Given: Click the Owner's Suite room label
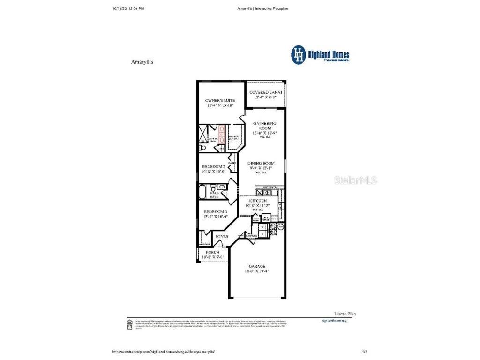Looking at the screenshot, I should click(x=220, y=100).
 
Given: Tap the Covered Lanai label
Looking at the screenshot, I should click(x=266, y=92).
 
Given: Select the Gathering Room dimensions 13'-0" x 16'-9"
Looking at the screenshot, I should click(x=265, y=133).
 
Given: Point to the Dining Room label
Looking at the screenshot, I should click(x=262, y=163).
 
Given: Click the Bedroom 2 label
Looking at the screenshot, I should click(x=213, y=166).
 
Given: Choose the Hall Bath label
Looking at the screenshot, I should click(x=214, y=195).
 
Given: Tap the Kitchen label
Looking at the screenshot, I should click(x=255, y=201).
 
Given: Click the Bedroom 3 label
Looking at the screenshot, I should click(x=215, y=211).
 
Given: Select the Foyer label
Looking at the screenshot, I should click(x=222, y=237).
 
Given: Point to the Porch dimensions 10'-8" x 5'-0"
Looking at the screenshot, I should click(x=213, y=257).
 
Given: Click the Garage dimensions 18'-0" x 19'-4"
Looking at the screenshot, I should click(x=256, y=271).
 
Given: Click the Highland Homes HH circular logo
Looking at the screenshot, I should click(x=298, y=54).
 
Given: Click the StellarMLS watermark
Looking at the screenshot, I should click(x=355, y=180).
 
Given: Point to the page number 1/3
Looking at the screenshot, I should click(x=365, y=351).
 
